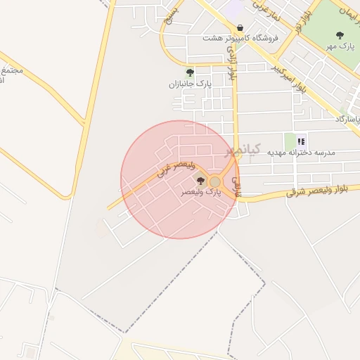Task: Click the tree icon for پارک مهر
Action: point(340,35)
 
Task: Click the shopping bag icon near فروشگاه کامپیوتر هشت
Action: point(240,27)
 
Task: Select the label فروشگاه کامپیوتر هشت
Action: point(240,38)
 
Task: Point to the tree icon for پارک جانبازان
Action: point(189,72)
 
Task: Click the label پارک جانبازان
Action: point(189,84)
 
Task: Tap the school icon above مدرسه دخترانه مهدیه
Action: point(302,141)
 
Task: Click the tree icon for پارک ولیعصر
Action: point(201,181)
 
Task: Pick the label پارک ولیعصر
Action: point(201,191)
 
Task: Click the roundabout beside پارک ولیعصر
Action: point(215,181)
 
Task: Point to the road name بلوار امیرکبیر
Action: point(290,78)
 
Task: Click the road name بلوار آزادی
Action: point(231,70)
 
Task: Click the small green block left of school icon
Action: point(290,140)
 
